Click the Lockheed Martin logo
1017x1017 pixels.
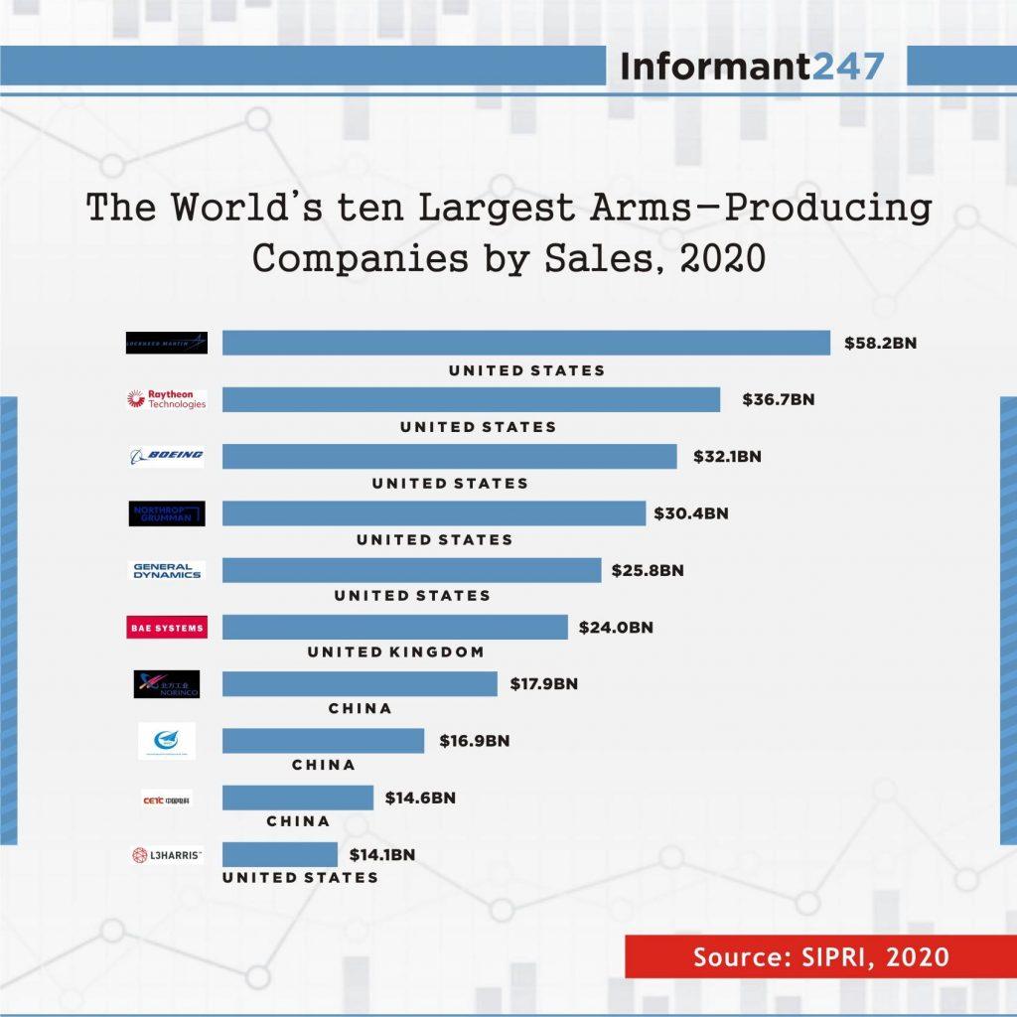pyautogui.click(x=167, y=344)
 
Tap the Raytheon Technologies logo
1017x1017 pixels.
pyautogui.click(x=167, y=399)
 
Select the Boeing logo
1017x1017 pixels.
pyautogui.click(x=167, y=456)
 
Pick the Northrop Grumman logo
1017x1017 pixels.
pyautogui.click(x=167, y=513)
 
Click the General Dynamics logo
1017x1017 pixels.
pyautogui.click(x=167, y=570)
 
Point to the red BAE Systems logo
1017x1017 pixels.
pyautogui.click(x=167, y=628)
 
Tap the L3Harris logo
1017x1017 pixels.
pyautogui.click(x=167, y=854)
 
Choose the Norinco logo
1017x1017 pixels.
pyautogui.click(x=167, y=684)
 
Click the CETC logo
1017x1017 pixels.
pyautogui.click(x=167, y=799)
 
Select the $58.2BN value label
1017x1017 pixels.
pyautogui.click(x=880, y=344)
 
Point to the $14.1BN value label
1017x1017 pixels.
pyautogui.click(x=381, y=854)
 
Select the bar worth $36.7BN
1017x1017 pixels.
pyautogui.click(x=471, y=399)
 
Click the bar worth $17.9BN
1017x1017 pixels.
pyautogui.click(x=360, y=684)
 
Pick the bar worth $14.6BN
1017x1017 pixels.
pyautogui.click(x=298, y=798)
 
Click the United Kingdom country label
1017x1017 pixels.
pyautogui.click(x=395, y=653)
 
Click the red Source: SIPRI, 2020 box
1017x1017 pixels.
pyautogui.click(x=820, y=957)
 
